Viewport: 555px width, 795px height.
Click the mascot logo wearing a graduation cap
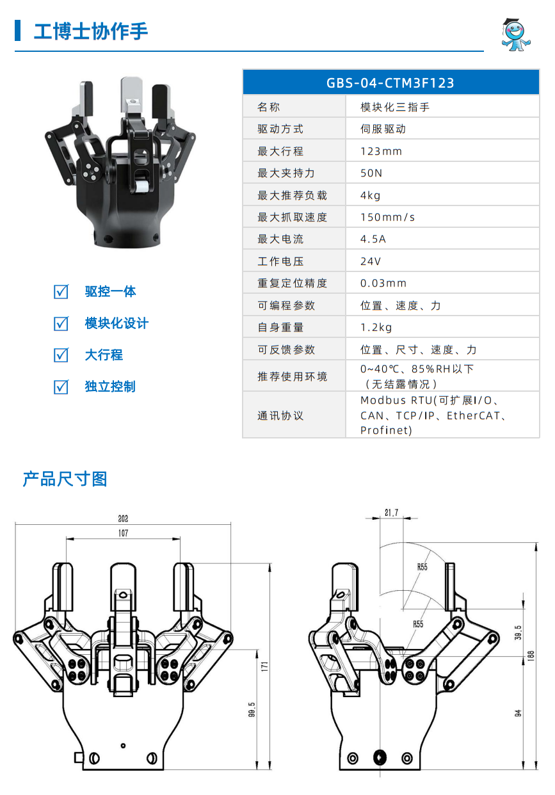[x=515, y=35]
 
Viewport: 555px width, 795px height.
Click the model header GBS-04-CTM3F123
[x=390, y=83]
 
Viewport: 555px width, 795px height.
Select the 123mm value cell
[x=381, y=151]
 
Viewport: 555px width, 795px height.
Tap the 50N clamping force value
[x=371, y=173]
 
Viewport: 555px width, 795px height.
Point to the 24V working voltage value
[x=371, y=261]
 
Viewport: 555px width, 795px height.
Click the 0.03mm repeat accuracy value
[x=383, y=283]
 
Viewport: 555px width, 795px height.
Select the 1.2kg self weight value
[x=376, y=327]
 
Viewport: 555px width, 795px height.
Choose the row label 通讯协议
[x=280, y=415]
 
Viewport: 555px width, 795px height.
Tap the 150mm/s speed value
[x=387, y=217]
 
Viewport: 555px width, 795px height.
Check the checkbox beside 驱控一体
[x=61, y=291]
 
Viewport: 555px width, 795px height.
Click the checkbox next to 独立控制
[x=61, y=387]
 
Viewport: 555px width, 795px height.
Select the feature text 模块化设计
[x=117, y=323]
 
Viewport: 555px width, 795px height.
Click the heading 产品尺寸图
[x=65, y=479]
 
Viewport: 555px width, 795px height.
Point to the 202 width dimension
[x=123, y=518]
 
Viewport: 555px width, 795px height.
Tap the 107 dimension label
[x=123, y=533]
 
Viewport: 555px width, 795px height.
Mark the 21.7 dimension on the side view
[x=391, y=513]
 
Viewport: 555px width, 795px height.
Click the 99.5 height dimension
[x=252, y=709]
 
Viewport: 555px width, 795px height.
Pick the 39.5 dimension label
[x=518, y=632]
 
